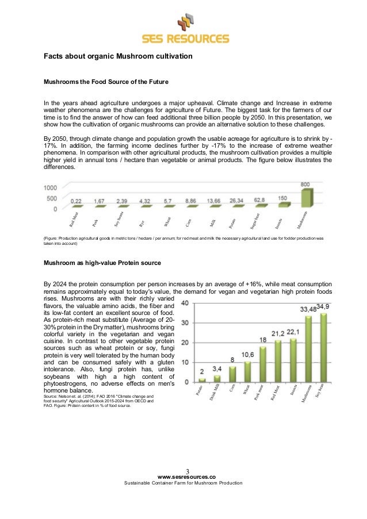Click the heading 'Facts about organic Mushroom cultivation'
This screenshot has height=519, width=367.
[x=118, y=56]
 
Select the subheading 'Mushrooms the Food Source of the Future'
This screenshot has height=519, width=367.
[x=106, y=82]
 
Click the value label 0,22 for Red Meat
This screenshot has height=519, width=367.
[x=76, y=201]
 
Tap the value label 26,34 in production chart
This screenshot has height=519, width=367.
[x=236, y=201]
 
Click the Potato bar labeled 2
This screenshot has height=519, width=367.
[x=202, y=380]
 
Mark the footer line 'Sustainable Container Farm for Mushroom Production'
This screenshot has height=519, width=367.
[x=183, y=483]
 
